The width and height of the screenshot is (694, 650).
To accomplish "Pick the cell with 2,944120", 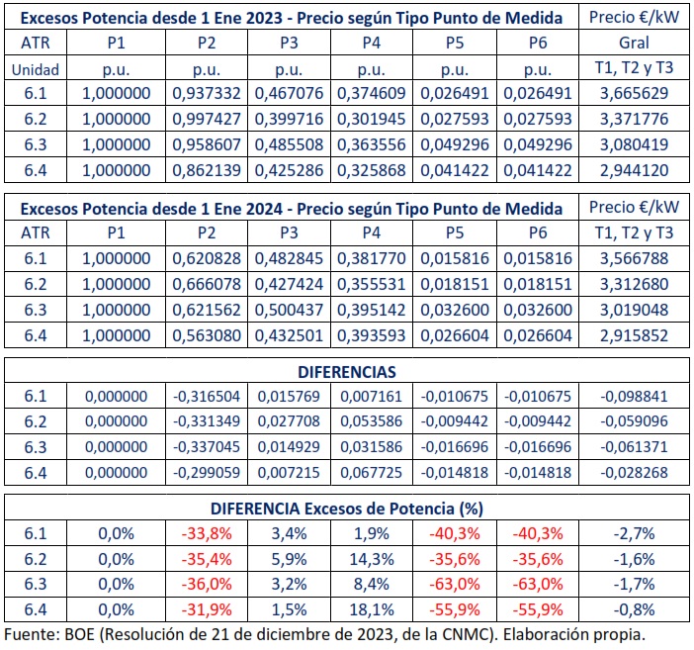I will point(634,170).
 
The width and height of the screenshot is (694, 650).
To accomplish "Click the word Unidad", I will point(37,69).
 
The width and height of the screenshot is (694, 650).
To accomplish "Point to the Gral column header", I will point(634,44).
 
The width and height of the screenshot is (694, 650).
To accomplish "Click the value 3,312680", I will point(634,284).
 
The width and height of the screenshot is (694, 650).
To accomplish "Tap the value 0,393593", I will point(371,335).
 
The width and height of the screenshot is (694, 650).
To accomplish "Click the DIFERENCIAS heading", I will point(346,371).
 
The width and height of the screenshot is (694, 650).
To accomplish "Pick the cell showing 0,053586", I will point(371,421).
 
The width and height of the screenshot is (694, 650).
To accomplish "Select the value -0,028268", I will point(634,472).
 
